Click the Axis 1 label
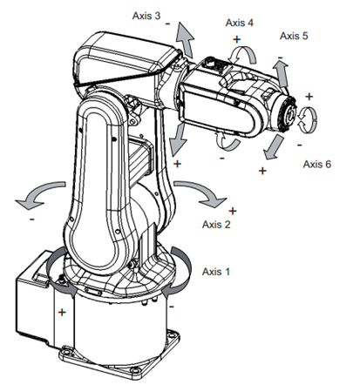(x=215, y=272)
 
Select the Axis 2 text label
(x=216, y=225)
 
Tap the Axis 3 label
(x=146, y=16)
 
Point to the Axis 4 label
(x=239, y=23)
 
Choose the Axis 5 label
(x=294, y=36)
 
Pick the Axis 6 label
(x=317, y=164)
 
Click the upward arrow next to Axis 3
(x=185, y=39)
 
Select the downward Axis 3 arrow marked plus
(x=178, y=138)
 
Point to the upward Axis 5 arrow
(x=281, y=73)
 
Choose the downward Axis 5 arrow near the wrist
(x=274, y=148)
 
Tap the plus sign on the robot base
(x=62, y=313)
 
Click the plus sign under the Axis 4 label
(x=237, y=39)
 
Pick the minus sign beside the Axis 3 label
(x=167, y=24)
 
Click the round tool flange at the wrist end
(x=289, y=115)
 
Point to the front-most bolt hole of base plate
(x=134, y=370)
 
